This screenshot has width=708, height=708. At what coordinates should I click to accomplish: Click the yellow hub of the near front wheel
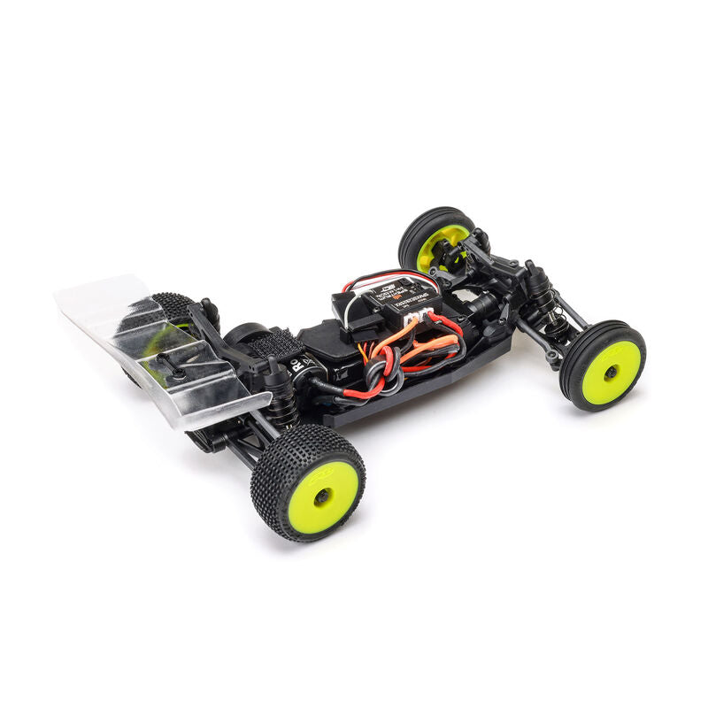click(x=611, y=372)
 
